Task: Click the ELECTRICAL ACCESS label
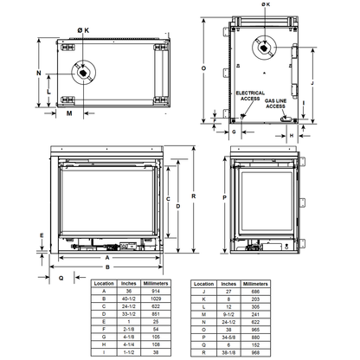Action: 249,96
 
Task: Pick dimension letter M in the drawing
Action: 69,112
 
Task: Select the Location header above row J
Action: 202,283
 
